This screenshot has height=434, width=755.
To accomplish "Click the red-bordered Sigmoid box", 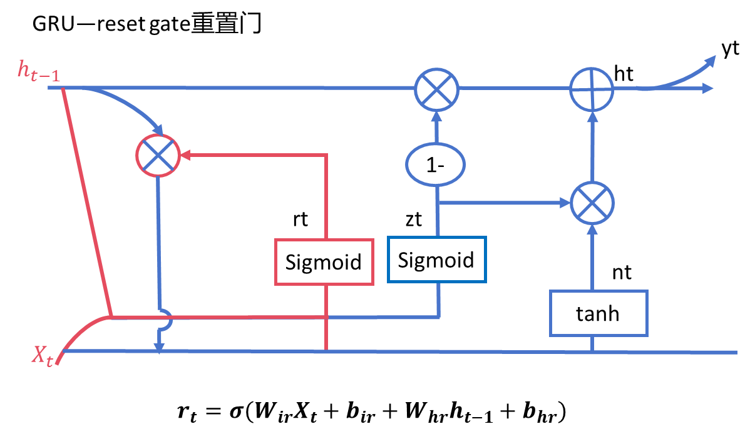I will [324, 262].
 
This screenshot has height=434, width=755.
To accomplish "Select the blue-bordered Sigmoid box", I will [436, 260].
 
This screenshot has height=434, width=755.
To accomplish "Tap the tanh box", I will [598, 313].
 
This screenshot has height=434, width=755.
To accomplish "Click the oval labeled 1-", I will [436, 164].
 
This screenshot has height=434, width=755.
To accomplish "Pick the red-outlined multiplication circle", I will [158, 154].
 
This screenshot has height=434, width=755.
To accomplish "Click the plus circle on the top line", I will [592, 89].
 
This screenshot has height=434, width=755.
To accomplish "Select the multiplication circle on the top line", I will [436, 89].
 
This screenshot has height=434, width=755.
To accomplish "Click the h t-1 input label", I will [39, 71].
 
